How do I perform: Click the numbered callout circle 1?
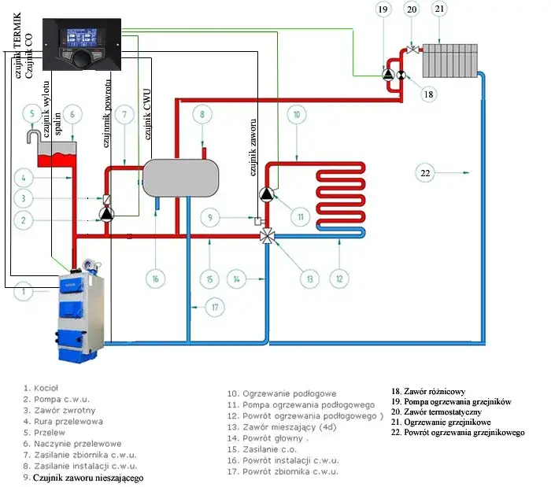[x=25, y=293]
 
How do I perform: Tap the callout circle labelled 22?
[x=425, y=172]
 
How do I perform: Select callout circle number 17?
[x=214, y=307]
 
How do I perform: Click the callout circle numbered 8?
[x=202, y=115]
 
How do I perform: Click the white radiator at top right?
[x=449, y=58]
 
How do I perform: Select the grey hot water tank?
[x=181, y=175]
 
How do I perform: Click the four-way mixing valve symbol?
[x=268, y=234]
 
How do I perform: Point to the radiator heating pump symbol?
[x=388, y=75]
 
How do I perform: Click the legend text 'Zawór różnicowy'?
[x=428, y=390]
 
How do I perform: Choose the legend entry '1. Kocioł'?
[x=42, y=388]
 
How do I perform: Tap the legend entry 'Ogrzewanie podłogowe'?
[x=281, y=393]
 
